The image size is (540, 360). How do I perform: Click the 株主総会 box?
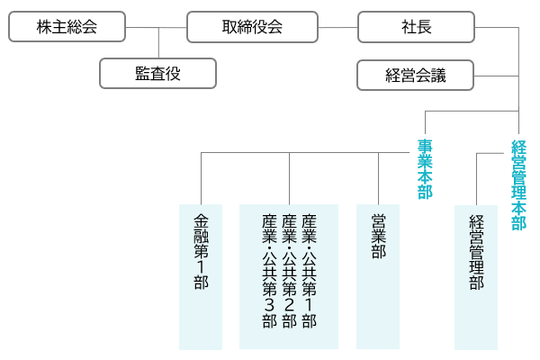66,27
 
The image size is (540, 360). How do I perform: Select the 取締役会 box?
252,27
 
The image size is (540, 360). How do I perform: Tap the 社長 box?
416,27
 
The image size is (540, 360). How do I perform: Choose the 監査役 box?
157,73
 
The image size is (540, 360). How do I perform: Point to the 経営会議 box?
415,75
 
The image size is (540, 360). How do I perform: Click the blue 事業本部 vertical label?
425,168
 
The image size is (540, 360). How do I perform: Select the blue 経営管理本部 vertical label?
518,184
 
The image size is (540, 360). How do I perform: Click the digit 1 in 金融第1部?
200,265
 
